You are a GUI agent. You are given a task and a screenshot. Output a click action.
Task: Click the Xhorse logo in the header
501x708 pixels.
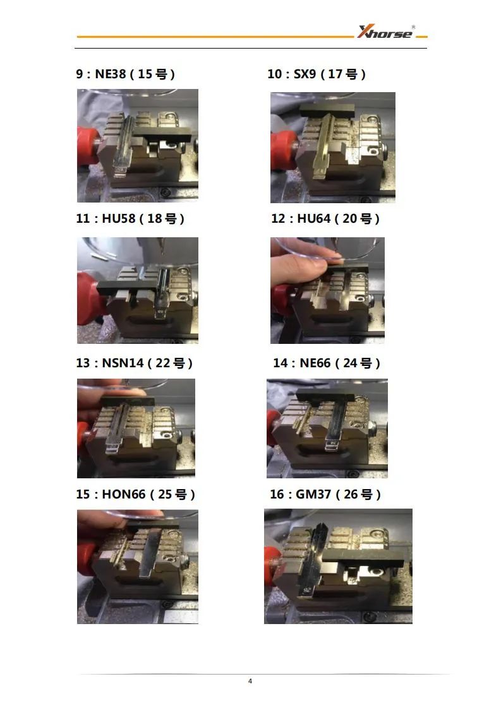click(386, 32)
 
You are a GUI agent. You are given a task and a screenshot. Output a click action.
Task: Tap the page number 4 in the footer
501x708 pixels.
click(250, 681)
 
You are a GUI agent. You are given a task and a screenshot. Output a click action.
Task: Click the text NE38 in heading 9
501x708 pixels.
click(111, 74)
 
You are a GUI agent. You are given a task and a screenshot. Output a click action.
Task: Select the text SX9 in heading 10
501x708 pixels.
click(305, 74)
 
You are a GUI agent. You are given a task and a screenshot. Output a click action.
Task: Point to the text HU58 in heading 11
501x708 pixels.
click(119, 218)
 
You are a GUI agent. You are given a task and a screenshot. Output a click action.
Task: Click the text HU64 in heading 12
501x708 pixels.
click(314, 218)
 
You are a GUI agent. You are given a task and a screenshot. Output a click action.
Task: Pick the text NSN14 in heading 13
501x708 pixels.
click(123, 363)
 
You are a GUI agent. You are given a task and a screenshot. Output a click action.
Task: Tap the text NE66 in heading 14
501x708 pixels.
click(315, 363)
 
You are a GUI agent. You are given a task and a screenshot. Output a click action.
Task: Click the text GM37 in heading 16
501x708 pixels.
click(313, 494)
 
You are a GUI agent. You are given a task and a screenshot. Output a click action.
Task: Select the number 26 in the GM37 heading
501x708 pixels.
click(351, 494)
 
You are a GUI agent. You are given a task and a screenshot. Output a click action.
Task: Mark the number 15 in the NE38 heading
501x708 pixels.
click(145, 74)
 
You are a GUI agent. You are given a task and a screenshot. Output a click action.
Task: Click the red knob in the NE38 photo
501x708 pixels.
click(87, 145)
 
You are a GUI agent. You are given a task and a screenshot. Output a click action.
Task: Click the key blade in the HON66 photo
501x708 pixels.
click(149, 553)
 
